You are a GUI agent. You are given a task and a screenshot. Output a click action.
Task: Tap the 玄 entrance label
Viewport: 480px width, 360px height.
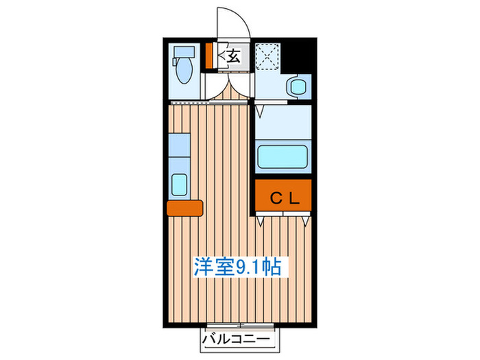(x=233, y=56)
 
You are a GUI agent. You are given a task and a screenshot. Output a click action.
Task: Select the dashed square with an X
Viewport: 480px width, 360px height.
(x=267, y=56)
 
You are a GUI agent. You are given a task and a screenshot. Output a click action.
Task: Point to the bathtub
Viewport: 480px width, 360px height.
(x=283, y=158)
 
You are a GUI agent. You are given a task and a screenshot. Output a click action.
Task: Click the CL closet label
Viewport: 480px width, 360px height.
(x=284, y=199)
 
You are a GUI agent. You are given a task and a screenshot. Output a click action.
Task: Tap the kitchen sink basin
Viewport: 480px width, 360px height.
(x=179, y=184)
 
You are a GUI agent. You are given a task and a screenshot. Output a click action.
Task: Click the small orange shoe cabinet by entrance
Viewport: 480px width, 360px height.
(x=210, y=56)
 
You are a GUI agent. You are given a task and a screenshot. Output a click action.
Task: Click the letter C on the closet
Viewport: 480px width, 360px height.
(x=274, y=199)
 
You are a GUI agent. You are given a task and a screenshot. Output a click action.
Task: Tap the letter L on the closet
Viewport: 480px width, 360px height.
(x=294, y=199)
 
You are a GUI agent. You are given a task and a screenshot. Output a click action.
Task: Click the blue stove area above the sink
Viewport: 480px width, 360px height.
(x=179, y=146)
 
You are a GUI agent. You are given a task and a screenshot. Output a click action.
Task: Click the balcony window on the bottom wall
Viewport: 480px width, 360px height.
(x=237, y=324)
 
